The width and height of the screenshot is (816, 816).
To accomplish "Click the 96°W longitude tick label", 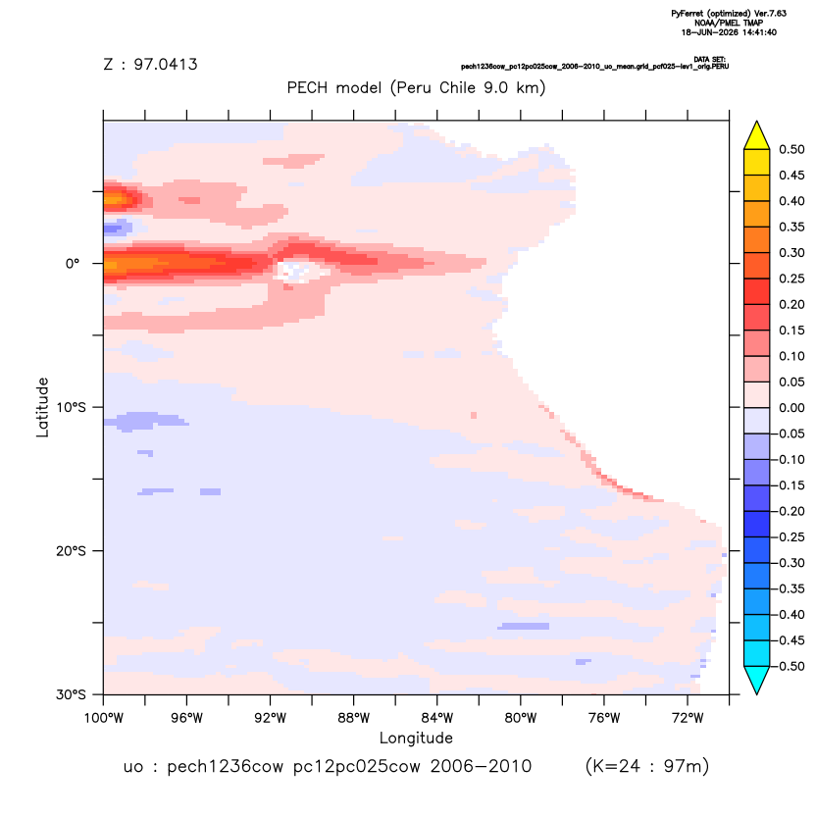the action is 186,718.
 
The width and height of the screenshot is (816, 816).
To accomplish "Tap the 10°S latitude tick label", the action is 71,407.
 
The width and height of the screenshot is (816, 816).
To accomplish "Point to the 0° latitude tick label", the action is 73,263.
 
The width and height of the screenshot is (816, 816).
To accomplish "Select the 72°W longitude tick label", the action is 688,718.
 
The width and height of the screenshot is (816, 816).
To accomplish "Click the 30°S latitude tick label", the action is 71,694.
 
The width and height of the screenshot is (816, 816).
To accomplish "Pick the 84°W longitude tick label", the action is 437,718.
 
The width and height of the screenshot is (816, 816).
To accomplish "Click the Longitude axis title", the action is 416,738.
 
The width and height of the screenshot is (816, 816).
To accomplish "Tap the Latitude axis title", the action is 42,407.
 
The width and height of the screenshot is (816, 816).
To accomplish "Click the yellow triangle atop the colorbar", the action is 757,135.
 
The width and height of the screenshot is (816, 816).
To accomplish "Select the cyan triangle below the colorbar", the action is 757,680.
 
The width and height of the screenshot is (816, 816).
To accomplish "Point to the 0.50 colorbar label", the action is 791,149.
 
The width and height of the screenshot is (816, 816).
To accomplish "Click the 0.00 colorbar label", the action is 791,408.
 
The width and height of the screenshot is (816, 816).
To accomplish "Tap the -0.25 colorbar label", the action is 789,537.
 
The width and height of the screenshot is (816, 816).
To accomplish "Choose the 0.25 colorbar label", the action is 791,279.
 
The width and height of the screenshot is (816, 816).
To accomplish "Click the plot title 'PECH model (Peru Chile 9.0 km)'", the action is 416,87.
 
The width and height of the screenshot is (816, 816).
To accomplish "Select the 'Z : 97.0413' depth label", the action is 150,65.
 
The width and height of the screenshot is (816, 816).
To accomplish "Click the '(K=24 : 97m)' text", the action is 647,766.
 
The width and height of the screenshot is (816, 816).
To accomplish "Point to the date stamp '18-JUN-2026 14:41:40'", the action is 729,32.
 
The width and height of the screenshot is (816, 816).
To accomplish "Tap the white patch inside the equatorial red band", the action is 301,270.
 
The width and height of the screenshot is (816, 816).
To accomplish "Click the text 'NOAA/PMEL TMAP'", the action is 729,23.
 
